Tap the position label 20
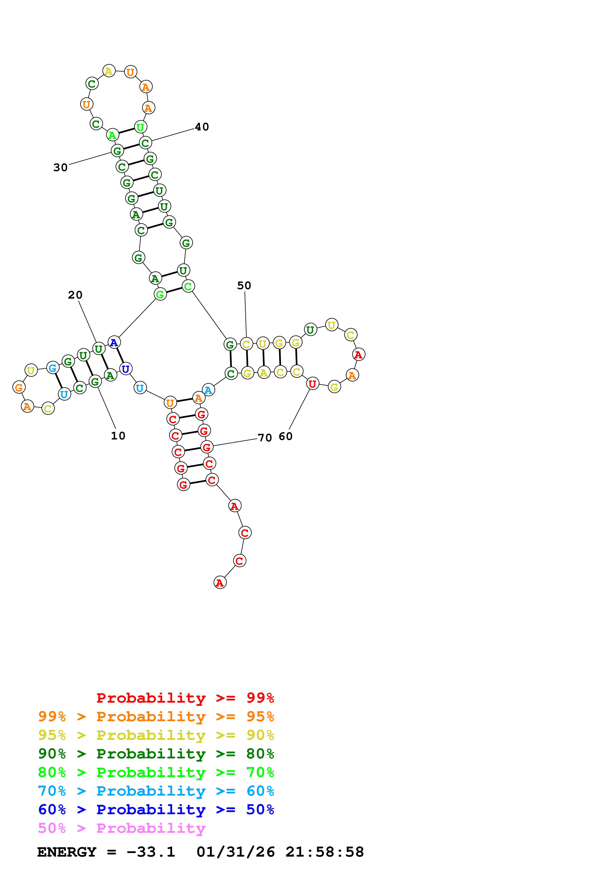point(75,295)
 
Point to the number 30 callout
point(60,167)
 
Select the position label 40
point(202,127)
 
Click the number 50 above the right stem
point(244,286)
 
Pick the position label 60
point(285,436)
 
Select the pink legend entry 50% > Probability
point(122,828)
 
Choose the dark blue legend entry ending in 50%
point(156,810)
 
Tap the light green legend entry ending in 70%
point(156,772)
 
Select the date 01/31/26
point(235,852)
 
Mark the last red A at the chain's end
point(220,583)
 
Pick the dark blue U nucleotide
point(126,369)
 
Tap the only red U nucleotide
point(312,384)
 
